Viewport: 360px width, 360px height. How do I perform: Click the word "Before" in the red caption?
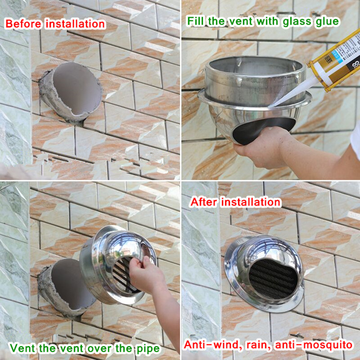pyautogui.click(x=24, y=24)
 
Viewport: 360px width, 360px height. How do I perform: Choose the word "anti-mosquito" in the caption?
pyautogui.click(x=313, y=345)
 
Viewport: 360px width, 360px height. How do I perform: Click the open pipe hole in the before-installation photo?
pyautogui.click(x=77, y=89)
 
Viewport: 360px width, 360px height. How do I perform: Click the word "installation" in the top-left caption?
pyautogui.click(x=75, y=24)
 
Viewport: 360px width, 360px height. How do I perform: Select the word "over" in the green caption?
pyautogui.click(x=100, y=349)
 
